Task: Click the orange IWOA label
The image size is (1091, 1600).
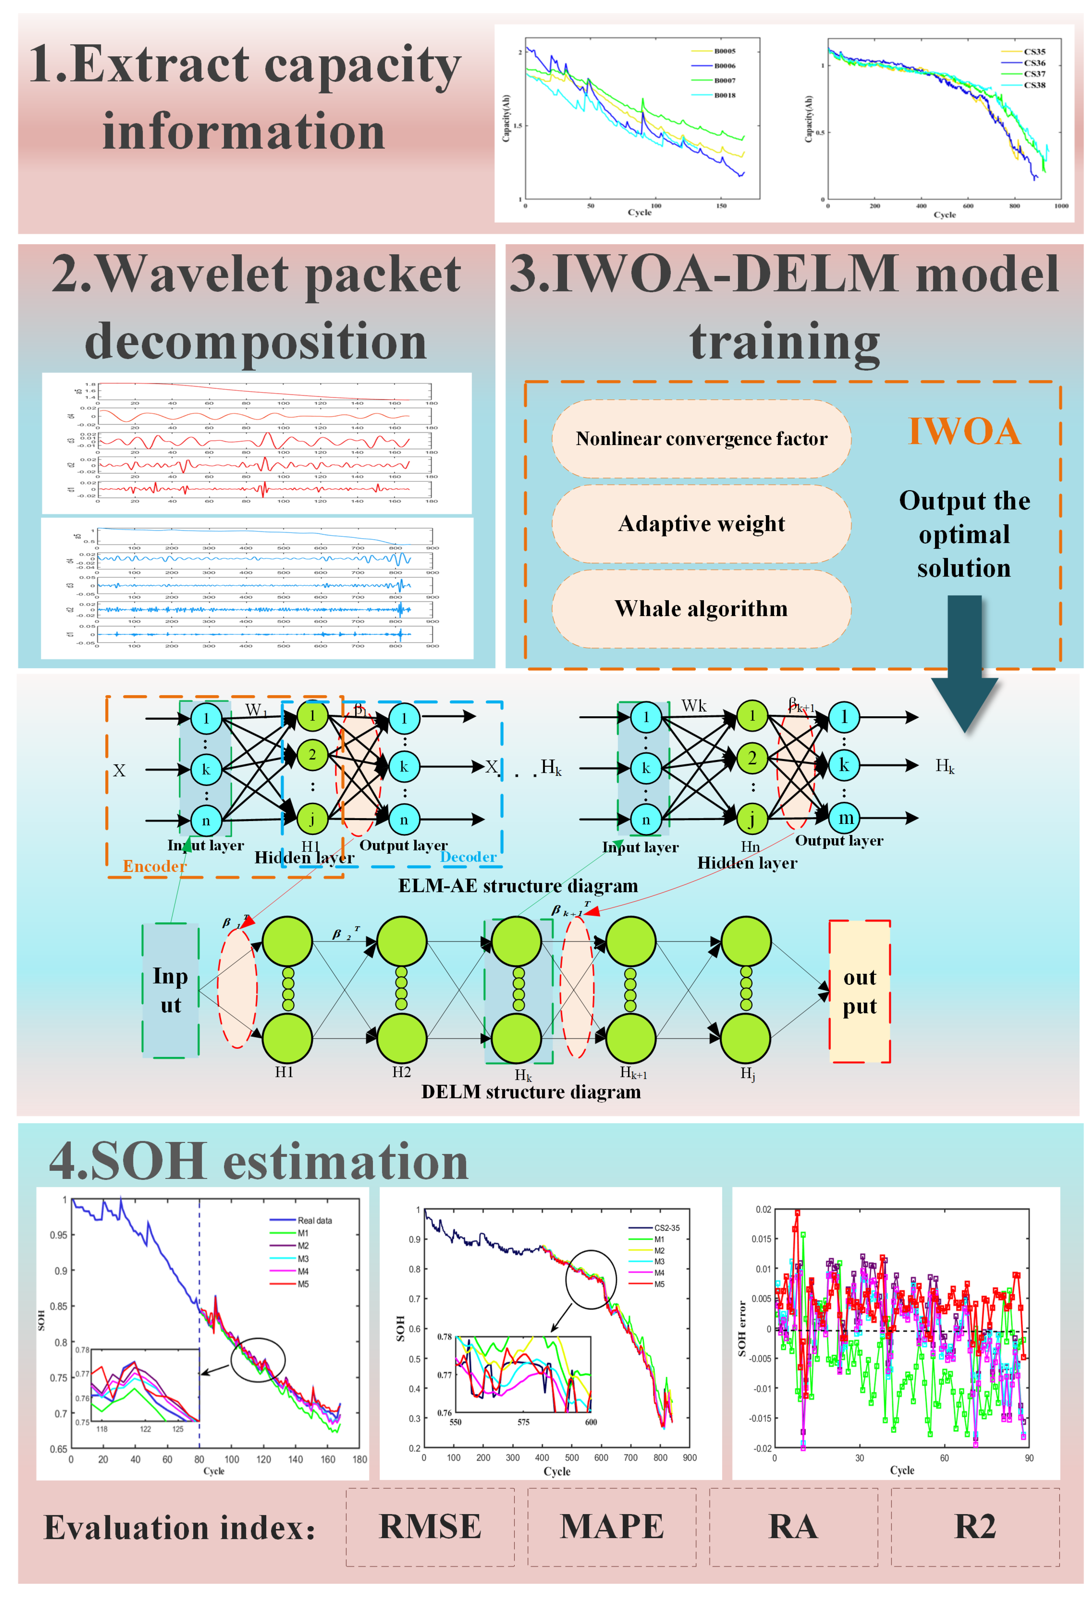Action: coord(964,432)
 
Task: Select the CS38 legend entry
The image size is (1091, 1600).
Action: coord(1034,85)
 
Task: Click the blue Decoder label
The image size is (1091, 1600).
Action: coord(468,857)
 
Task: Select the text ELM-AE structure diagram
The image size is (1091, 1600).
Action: coord(517,886)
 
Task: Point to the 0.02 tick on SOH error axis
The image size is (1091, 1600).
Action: coord(763,1210)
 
